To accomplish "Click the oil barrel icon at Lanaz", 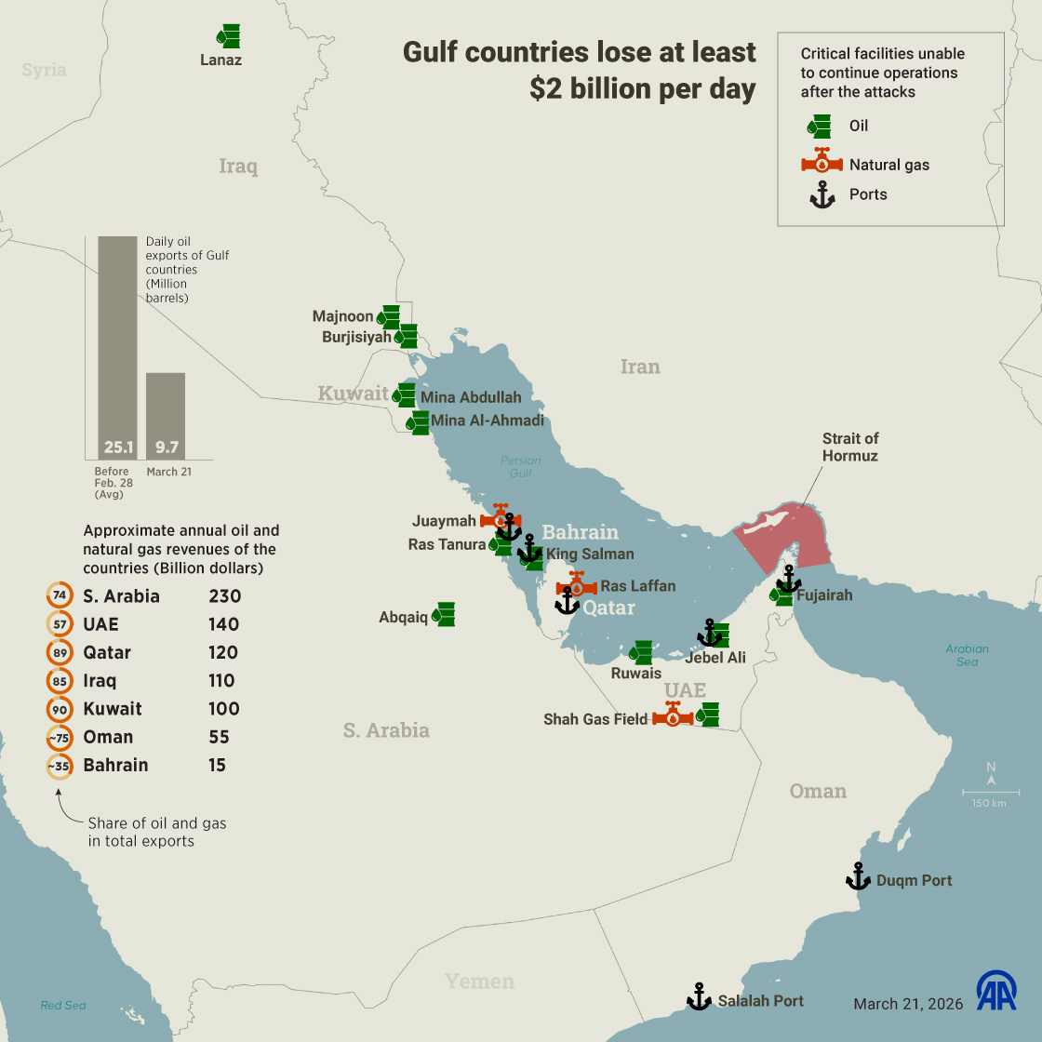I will click(229, 36).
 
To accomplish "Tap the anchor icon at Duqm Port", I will click(858, 876).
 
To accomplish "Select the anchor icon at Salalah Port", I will click(699, 997).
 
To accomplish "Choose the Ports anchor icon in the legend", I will click(822, 194).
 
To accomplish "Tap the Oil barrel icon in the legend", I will click(819, 126).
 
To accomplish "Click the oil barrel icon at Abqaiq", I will click(444, 614).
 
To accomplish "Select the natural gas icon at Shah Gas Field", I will click(673, 715).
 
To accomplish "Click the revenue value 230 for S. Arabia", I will click(224, 596).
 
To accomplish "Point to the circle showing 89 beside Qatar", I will click(60, 652).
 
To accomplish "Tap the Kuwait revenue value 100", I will click(223, 709).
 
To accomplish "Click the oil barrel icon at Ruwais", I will click(640, 652).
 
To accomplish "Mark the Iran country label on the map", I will click(640, 367).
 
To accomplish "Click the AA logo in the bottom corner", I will click(996, 991).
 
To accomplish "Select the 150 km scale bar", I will click(990, 793).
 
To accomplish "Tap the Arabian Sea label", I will click(967, 655).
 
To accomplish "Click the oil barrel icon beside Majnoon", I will click(388, 316).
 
